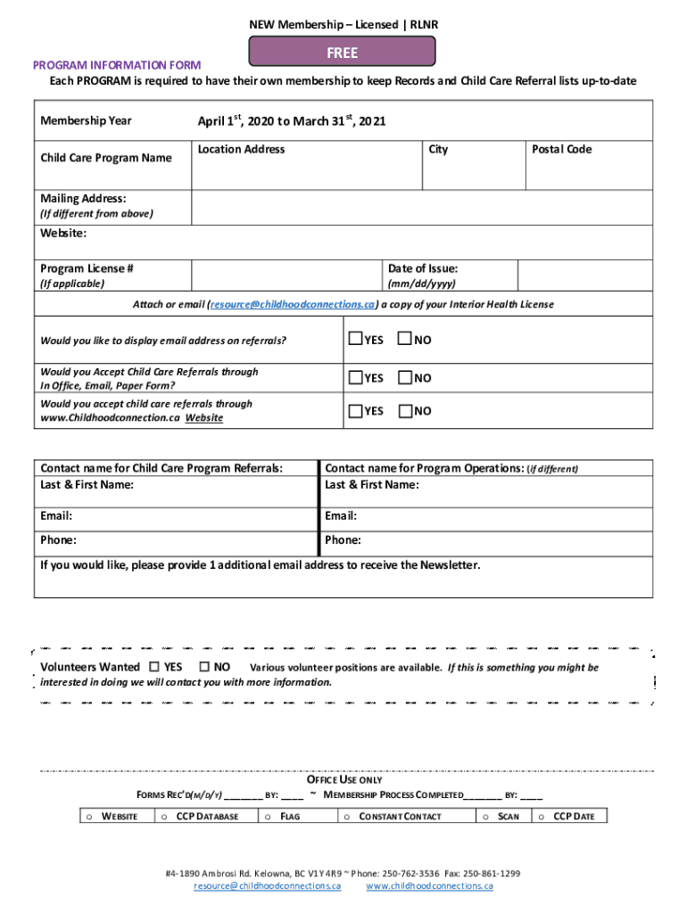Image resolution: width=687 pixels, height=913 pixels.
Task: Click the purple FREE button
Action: point(342,53)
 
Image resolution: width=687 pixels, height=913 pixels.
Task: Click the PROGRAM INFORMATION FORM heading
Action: point(117,65)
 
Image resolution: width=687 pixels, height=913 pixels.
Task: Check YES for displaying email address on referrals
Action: point(355,339)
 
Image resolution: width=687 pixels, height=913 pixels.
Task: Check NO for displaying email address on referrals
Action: point(405,339)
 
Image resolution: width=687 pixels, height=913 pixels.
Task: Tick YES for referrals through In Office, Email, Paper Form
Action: point(355,378)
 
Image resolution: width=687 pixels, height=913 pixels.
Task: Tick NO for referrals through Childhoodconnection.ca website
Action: point(405,410)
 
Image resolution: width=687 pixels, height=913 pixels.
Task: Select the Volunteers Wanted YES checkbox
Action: point(155,667)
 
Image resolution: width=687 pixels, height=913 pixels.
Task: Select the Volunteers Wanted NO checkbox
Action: point(205,667)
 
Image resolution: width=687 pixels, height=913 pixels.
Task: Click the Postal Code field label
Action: point(561,149)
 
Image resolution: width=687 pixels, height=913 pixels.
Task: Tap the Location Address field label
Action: point(241,149)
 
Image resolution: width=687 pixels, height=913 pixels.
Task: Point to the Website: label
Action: point(63,234)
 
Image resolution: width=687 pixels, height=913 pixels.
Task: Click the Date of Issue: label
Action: point(422,268)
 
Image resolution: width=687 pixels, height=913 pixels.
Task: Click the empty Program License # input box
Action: point(286,275)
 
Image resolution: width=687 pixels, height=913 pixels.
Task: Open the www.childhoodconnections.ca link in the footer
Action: point(429,886)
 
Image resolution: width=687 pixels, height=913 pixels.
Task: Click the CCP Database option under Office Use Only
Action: point(207,816)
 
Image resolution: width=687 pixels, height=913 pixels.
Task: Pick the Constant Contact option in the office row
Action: point(399,816)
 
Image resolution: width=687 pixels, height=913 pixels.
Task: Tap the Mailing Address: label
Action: point(83,198)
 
